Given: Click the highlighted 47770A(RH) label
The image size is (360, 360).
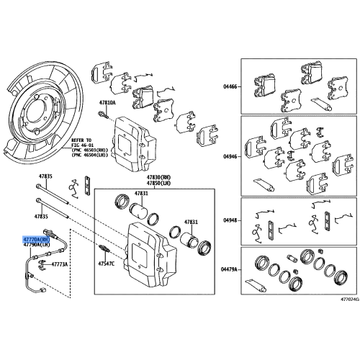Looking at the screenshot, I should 36,238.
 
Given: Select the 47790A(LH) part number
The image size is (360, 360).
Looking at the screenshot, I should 36,245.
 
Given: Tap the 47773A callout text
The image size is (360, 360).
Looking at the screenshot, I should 59,264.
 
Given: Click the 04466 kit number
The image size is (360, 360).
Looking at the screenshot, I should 230,86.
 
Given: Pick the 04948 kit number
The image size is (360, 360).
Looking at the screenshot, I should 230,222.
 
